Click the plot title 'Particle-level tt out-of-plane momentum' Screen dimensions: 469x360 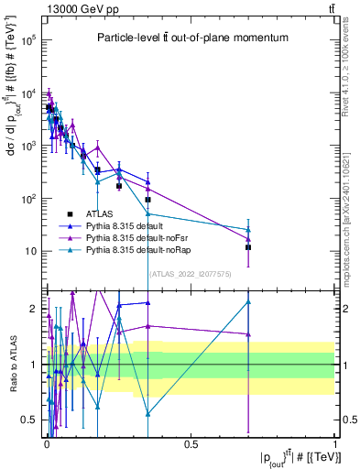pos(193,38)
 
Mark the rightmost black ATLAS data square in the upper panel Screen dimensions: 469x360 pos(248,247)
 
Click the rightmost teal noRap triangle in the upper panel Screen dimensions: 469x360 pos(248,229)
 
